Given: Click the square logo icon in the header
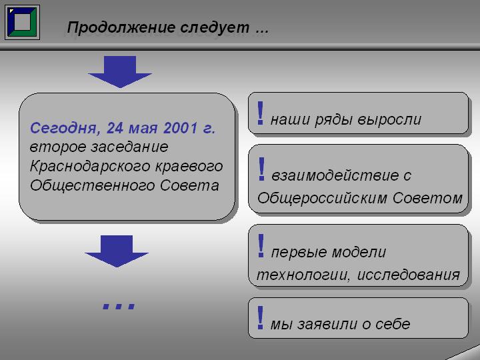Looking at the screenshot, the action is tap(23, 22).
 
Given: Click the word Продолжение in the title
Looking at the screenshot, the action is tap(121, 27).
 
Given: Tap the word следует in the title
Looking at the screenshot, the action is tap(215, 28).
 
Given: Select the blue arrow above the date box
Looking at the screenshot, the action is tap(120, 71).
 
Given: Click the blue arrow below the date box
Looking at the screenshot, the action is tap(117, 251).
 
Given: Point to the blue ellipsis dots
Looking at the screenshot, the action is tap(119, 306).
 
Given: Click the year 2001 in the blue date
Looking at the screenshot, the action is tap(180, 128).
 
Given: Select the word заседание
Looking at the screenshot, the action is tap(130, 147).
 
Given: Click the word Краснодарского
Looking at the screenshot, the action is tap(90, 167).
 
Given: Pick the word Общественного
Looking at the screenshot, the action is tap(92, 186).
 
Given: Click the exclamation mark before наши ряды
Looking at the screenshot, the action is tap(260, 113).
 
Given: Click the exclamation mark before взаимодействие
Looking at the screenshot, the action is tap(261, 169).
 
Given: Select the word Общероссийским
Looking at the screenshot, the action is tap(323, 198).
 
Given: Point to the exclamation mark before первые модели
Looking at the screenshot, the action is tap(261, 245).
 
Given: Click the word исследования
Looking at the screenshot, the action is tap(409, 275).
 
